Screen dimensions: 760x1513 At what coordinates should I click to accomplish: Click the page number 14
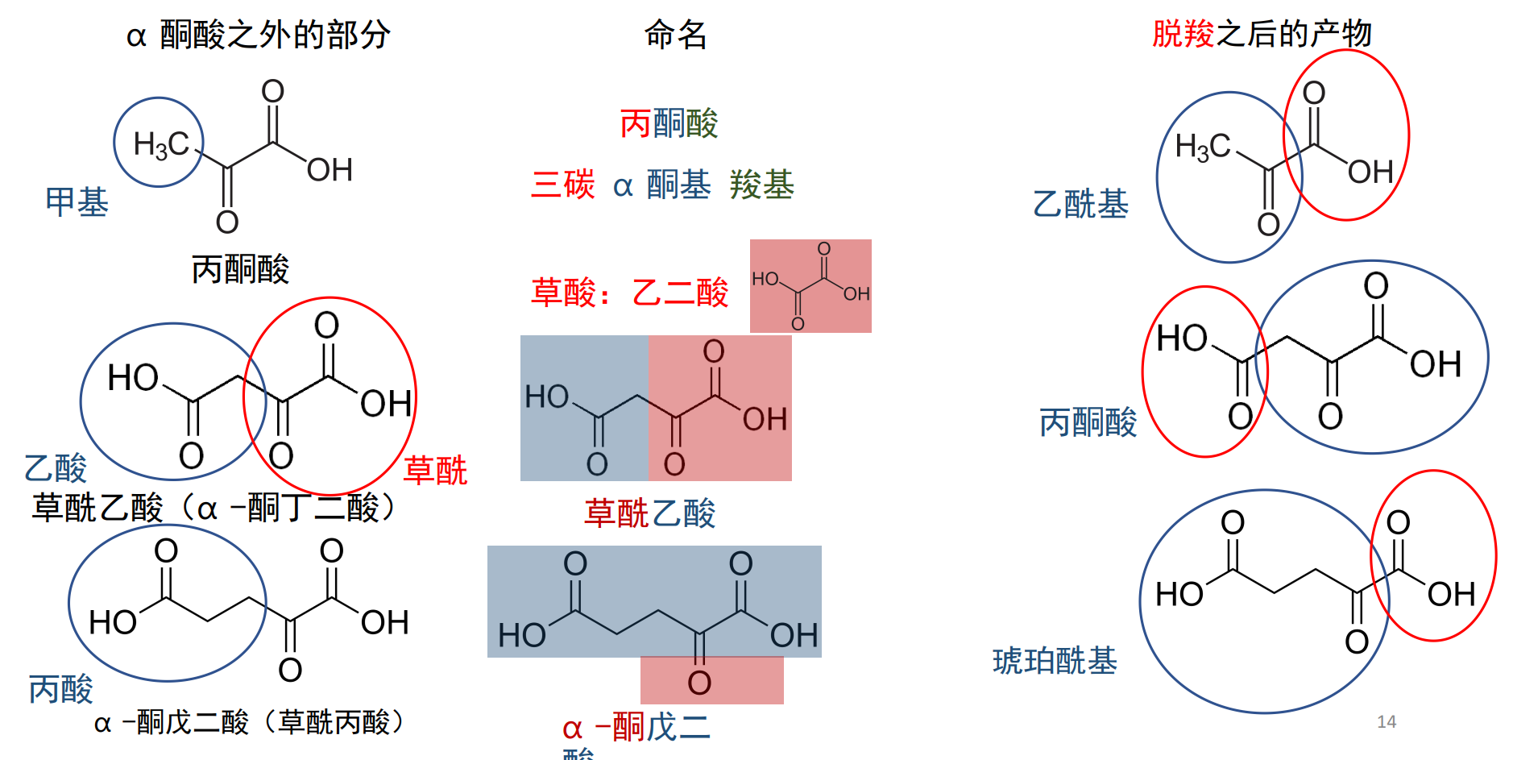tap(1386, 722)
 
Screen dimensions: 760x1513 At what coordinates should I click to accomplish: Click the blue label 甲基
tap(77, 202)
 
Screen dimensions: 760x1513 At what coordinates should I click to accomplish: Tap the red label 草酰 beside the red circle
tap(435, 471)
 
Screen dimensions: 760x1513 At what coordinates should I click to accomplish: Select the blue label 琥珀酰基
tap(1055, 661)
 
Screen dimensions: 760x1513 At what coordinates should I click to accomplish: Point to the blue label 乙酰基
tap(1080, 204)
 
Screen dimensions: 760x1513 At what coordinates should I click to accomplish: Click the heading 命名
tap(675, 35)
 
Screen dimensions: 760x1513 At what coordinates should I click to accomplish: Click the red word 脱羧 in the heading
tap(1182, 34)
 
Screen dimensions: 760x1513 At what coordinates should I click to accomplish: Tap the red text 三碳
tap(562, 185)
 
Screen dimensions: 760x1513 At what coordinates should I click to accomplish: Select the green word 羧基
tap(761, 185)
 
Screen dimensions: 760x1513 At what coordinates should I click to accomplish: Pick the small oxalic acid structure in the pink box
tap(810, 286)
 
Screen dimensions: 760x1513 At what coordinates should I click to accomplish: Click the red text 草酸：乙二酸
tap(629, 293)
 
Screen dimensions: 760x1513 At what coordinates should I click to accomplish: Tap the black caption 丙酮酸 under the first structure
tap(240, 269)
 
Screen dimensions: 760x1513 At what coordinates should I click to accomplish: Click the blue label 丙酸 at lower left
tap(60, 689)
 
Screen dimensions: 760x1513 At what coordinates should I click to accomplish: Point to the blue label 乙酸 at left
tap(55, 467)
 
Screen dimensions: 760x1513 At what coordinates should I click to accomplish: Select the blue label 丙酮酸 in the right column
tap(1088, 422)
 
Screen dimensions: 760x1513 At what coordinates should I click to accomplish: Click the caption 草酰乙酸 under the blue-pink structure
tap(649, 513)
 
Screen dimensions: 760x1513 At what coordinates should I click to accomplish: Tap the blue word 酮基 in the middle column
tap(678, 185)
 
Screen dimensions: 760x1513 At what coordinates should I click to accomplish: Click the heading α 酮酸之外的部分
tap(258, 35)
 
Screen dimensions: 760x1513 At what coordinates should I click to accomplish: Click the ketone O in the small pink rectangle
tap(699, 683)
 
